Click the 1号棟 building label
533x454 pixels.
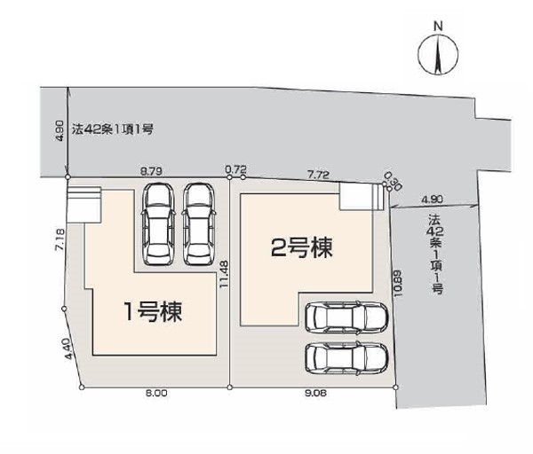[x=154, y=312]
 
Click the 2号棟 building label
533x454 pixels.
[x=301, y=247]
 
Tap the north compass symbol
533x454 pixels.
[x=438, y=55]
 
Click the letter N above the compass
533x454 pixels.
[x=439, y=27]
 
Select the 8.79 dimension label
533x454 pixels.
[x=151, y=170]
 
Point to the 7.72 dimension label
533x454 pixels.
[x=318, y=175]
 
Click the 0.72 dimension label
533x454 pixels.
[x=235, y=168]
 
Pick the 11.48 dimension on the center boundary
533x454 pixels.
[x=224, y=275]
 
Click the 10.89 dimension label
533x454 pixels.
[x=398, y=284]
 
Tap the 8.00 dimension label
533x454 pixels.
[x=156, y=394]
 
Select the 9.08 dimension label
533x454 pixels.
[x=315, y=394]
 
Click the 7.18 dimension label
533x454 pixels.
[x=60, y=240]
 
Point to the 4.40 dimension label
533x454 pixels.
[x=68, y=348]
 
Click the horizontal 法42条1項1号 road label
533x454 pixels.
[x=113, y=129]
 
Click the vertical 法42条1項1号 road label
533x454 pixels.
[x=436, y=254]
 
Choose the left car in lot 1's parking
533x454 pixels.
[x=159, y=224]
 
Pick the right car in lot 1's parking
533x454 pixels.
[x=199, y=224]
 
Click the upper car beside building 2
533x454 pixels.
[x=346, y=317]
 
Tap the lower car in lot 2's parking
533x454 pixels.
[x=346, y=357]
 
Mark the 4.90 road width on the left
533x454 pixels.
[x=60, y=131]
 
